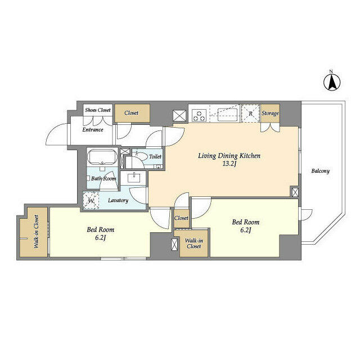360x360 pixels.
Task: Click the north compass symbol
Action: [x=332, y=83]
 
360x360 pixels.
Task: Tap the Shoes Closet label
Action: [x=98, y=110]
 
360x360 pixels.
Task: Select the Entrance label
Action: [x=93, y=130]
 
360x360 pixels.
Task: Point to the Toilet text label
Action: [x=155, y=157]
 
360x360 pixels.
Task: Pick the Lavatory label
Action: [x=118, y=200]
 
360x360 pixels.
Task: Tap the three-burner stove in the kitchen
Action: [x=199, y=115]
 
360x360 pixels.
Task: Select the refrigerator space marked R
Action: [x=250, y=113]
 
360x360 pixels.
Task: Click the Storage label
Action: [x=270, y=114]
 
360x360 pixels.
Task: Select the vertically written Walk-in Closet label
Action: [x=35, y=231]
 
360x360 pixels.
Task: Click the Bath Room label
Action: [x=104, y=178]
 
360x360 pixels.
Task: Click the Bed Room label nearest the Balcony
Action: [x=246, y=222]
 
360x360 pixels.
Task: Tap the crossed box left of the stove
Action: [x=179, y=115]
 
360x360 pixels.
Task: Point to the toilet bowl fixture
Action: [x=140, y=157]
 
